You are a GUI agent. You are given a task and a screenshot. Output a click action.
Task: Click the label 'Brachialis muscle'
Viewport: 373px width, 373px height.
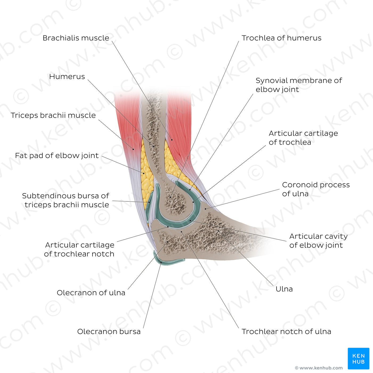[76, 38]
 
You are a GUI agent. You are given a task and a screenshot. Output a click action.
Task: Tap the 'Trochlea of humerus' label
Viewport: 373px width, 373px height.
[281, 38]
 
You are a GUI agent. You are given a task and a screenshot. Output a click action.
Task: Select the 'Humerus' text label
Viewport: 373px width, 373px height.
[67, 77]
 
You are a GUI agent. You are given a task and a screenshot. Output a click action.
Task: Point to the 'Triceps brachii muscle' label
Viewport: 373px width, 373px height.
[53, 115]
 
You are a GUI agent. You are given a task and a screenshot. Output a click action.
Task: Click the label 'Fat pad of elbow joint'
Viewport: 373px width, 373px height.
[57, 156]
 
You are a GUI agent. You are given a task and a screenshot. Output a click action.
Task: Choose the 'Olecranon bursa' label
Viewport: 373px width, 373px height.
[109, 332]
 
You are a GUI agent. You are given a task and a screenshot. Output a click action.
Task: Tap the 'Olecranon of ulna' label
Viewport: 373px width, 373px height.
[91, 293]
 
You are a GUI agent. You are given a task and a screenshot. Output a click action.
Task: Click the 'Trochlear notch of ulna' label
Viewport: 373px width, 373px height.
[286, 332]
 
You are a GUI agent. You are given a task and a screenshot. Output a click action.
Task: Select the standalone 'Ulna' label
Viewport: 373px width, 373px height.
[284, 289]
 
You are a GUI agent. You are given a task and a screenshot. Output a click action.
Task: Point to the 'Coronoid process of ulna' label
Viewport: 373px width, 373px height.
[316, 189]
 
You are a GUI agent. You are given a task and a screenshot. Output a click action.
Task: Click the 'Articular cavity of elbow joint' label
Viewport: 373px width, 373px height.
[318, 241]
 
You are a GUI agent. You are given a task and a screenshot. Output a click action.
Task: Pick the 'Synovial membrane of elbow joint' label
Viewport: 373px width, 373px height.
[298, 85]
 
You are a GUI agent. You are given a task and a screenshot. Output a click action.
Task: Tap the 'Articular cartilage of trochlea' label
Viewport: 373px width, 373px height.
[303, 138]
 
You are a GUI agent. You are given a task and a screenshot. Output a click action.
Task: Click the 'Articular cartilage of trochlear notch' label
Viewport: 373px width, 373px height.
[79, 249]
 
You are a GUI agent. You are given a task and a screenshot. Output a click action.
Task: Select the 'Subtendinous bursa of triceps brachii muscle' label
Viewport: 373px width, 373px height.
[66, 200]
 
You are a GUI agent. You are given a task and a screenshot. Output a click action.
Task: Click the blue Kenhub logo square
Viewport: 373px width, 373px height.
[358, 358]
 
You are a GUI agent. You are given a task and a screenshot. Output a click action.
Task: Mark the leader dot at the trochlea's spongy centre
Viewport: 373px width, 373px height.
[171, 197]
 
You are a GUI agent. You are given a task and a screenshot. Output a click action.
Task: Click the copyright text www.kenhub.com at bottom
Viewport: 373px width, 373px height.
[319, 368]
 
